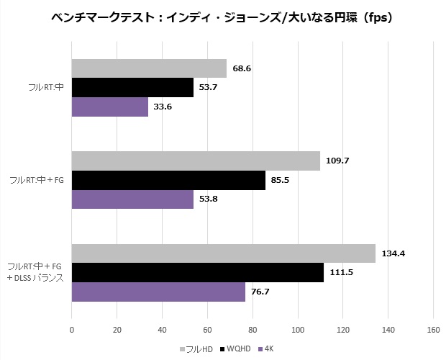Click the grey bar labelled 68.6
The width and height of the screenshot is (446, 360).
point(149,68)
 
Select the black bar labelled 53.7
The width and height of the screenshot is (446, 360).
point(132,88)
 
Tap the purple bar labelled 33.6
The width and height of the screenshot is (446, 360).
point(110,107)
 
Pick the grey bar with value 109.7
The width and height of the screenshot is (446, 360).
point(196,161)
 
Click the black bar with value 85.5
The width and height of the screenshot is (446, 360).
point(168,180)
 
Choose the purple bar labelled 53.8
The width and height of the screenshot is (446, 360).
point(132,199)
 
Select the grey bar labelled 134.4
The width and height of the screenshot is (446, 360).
point(224,253)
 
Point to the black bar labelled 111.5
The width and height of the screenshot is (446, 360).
point(198,273)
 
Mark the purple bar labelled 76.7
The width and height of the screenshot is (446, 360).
point(158,292)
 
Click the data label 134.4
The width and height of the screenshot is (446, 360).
point(393,253)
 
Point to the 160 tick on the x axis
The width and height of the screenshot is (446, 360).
point(433,330)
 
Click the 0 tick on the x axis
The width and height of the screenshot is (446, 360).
point(72,330)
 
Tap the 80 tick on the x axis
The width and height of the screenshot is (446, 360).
point(252,330)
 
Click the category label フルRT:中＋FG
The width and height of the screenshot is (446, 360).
point(37,180)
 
